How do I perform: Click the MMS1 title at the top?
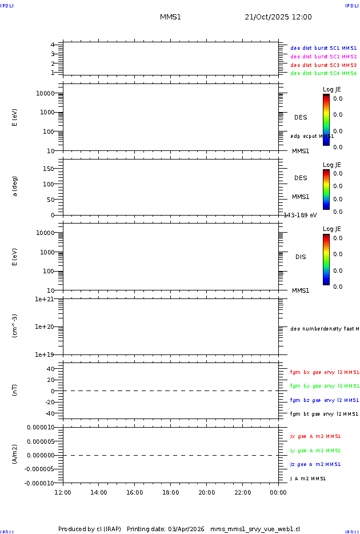click(x=170, y=17)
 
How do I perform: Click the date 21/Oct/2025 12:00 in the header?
click(x=278, y=17)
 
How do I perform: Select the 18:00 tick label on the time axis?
click(x=170, y=493)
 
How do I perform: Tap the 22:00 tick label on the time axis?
click(x=242, y=493)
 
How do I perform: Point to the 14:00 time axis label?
click(x=99, y=493)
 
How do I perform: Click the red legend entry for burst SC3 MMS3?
click(x=323, y=65)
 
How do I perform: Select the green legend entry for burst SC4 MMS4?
click(x=323, y=73)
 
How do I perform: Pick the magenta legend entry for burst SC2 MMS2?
click(x=323, y=57)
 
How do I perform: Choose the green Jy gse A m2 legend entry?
click(x=315, y=451)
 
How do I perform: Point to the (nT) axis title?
click(x=15, y=391)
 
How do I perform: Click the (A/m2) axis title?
click(x=15, y=455)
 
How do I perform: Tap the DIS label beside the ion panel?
click(x=301, y=257)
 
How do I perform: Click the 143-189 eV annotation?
click(x=301, y=215)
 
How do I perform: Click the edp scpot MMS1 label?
click(x=312, y=136)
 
